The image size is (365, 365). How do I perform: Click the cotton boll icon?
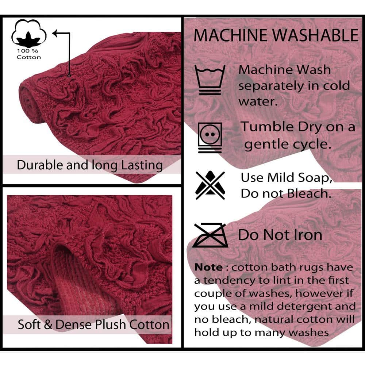(29, 33)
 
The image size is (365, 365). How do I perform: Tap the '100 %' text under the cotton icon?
(27, 51)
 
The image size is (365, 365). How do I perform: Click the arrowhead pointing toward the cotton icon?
(55, 33)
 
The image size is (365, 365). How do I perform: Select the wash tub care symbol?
(210, 80)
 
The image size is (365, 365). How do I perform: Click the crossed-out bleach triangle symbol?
(210, 185)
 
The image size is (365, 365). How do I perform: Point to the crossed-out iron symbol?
(210, 235)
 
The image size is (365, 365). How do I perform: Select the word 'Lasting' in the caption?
(142, 166)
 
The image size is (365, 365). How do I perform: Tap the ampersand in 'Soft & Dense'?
(48, 324)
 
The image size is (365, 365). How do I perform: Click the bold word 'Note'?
(208, 267)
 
